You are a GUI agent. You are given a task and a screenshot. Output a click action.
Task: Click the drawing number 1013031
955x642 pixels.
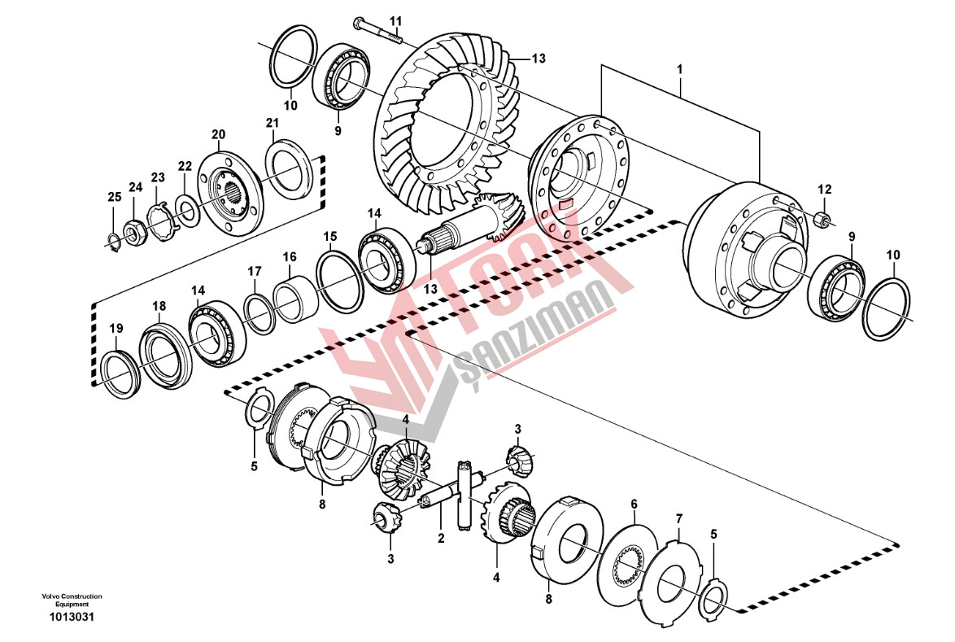[x=72, y=617]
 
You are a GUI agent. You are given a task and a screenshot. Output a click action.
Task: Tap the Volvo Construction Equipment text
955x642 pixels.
[x=72, y=601]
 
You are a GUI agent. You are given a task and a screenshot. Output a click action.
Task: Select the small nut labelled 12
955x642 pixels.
[x=822, y=218]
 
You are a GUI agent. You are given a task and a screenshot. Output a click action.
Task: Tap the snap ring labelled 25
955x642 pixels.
[x=115, y=238]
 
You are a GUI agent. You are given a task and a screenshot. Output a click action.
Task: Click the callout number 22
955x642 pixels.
[x=185, y=166]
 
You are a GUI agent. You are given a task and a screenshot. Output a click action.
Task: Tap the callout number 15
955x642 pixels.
[x=329, y=237]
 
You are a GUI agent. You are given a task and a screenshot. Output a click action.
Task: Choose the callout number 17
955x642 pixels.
[x=255, y=271]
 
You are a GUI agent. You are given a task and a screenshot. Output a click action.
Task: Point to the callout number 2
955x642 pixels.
[x=441, y=537]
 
